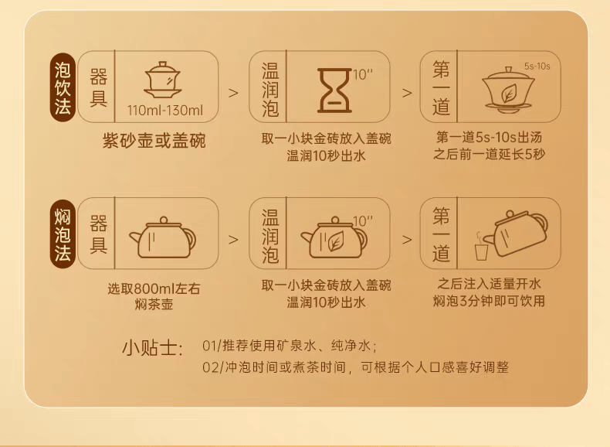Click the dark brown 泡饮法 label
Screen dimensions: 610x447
63,87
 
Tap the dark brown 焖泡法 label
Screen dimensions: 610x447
63,234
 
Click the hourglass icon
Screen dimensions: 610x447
334,90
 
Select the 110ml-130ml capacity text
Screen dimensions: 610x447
165,111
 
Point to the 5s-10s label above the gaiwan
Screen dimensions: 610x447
537,67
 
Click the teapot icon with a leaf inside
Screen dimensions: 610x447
334,237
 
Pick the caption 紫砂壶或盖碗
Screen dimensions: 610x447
154,141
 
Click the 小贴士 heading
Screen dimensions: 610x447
153,348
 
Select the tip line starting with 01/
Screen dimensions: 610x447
290,346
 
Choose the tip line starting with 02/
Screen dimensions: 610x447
355,367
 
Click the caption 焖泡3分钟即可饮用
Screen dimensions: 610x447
489,301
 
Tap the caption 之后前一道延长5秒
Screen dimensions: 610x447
489,155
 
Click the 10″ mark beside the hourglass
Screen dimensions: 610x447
363,74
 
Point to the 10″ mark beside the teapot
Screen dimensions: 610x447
363,221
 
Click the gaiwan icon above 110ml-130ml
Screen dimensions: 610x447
163,80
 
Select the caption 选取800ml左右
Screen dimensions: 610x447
154,288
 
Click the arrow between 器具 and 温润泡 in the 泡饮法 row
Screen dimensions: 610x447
233,93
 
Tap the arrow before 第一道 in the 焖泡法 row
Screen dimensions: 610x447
406,240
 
